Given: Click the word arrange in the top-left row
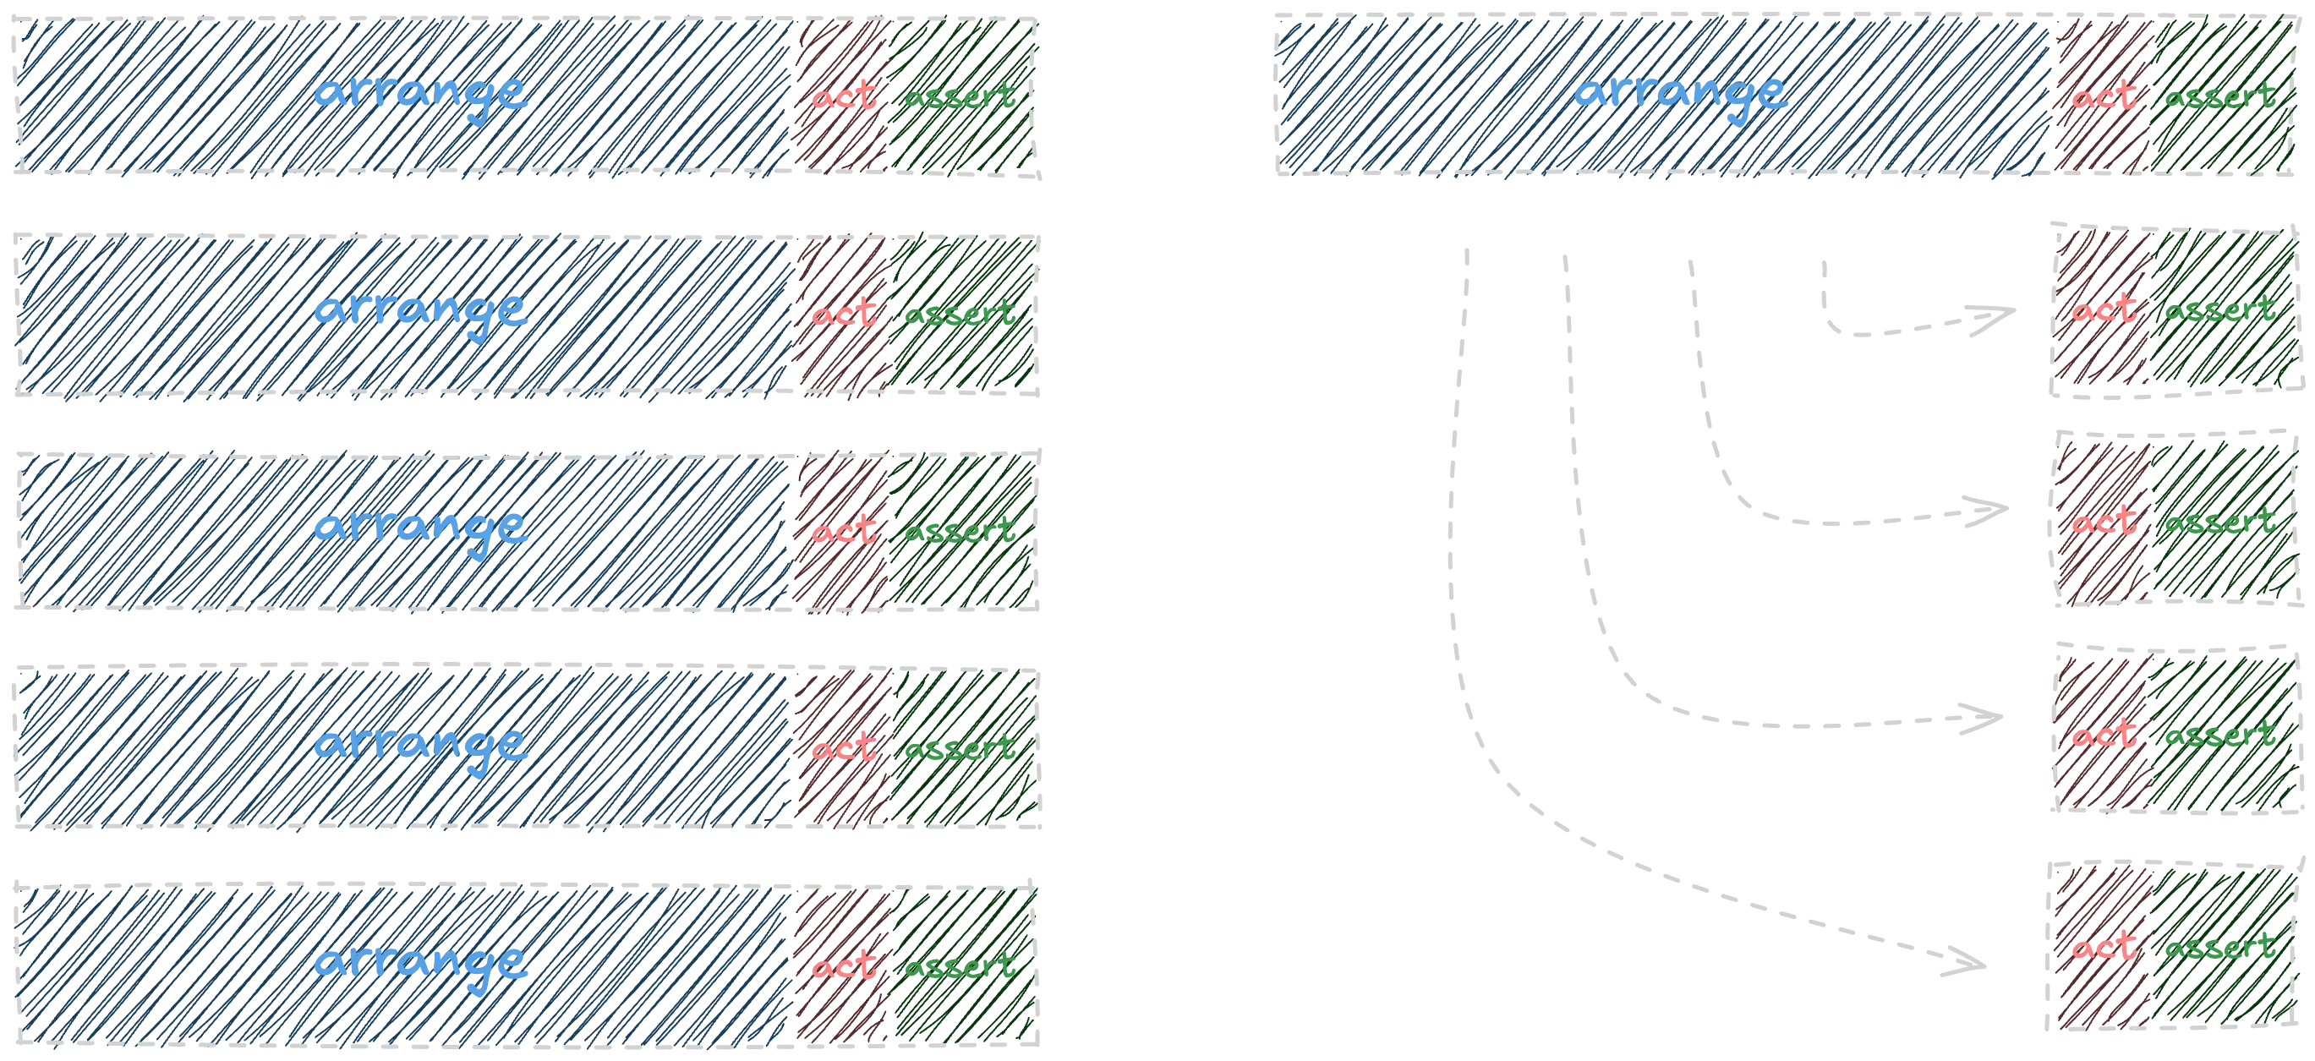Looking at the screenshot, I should click(x=420, y=95).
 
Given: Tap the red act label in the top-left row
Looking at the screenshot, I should click(x=844, y=96).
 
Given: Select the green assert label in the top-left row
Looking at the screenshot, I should click(x=960, y=96).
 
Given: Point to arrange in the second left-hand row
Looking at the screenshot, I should click(x=420, y=312).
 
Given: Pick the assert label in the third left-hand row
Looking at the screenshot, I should click(x=960, y=531).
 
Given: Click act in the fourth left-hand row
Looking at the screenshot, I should click(x=844, y=747).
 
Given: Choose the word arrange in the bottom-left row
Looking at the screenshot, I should click(x=420, y=964).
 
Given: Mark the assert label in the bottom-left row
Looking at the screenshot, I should click(x=960, y=965).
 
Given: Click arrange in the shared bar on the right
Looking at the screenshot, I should click(x=1681, y=95).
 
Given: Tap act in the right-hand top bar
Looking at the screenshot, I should click(x=2103, y=96).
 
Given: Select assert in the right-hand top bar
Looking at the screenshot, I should click(x=2219, y=96).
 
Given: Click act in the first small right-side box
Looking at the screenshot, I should click(x=2103, y=311).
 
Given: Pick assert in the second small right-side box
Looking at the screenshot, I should click(x=2219, y=522).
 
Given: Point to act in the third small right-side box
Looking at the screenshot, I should click(x=2103, y=736).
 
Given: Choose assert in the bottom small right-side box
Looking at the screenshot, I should click(x=2219, y=948).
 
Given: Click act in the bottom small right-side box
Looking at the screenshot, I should click(x=2103, y=948).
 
